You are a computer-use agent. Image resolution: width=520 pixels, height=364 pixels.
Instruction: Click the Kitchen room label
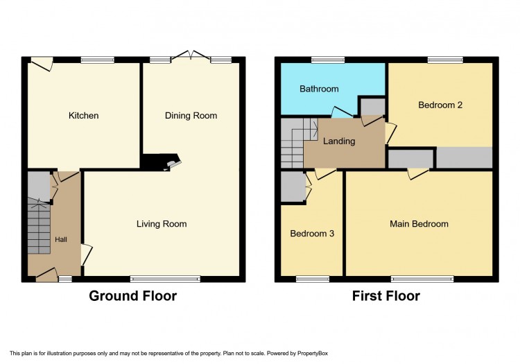[83, 115]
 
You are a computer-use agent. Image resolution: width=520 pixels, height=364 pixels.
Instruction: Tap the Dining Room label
[191, 115]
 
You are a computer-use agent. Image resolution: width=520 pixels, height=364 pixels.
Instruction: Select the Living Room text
[162, 224]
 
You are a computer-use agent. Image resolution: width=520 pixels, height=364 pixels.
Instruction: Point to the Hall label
[61, 239]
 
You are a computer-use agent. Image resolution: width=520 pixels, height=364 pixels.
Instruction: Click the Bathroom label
[319, 89]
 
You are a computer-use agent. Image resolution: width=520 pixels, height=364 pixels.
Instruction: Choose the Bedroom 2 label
[440, 105]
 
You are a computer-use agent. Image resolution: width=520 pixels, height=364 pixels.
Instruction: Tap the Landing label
[339, 141]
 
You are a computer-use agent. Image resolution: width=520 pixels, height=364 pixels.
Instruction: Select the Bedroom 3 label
[312, 234]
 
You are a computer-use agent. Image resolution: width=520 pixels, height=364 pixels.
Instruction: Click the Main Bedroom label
[419, 224]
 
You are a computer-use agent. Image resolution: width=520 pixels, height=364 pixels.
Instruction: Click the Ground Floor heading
[132, 296]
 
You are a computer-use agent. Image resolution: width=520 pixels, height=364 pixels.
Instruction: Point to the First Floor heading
[386, 296]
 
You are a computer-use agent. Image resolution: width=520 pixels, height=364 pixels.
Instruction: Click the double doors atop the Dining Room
[191, 55]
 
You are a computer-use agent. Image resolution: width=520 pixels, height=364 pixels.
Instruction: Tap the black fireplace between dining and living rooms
[161, 162]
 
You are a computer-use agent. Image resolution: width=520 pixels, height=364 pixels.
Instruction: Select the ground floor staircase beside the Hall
[39, 226]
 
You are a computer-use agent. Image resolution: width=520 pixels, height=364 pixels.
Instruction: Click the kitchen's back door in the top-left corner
[42, 63]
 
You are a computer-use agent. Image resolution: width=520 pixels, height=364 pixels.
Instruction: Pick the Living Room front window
[165, 279]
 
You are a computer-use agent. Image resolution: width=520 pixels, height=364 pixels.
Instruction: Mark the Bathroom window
[328, 60]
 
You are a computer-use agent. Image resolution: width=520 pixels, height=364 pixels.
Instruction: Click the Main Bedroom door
[419, 174]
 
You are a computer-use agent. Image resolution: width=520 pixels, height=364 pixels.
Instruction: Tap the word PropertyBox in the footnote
[313, 354]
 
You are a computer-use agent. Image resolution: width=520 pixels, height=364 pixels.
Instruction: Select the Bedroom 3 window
[313, 279]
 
